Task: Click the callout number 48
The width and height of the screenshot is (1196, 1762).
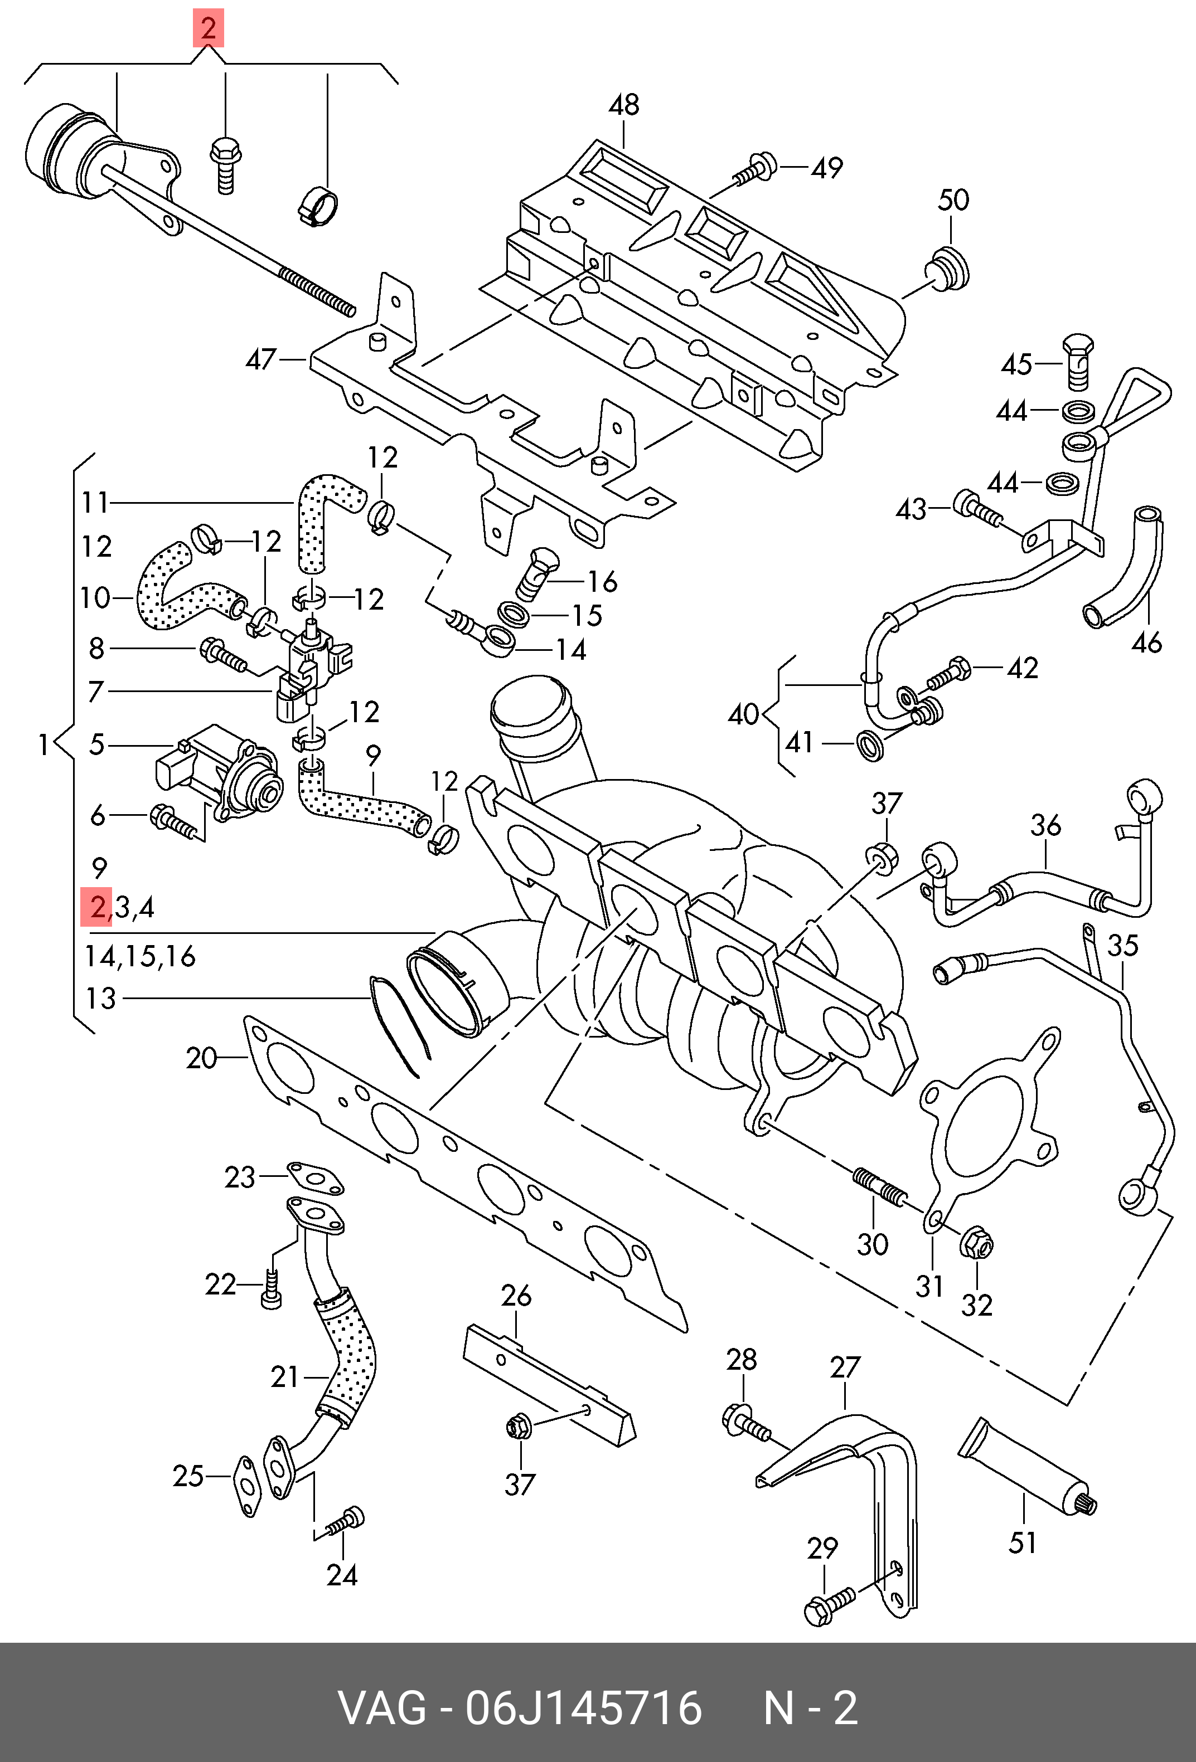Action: (x=623, y=105)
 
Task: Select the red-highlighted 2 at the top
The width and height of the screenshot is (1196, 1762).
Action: (x=208, y=29)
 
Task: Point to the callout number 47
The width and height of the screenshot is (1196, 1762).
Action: (x=260, y=359)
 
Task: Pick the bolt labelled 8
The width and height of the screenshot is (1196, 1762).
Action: (x=222, y=655)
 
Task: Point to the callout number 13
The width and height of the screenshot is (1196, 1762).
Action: (x=100, y=999)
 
